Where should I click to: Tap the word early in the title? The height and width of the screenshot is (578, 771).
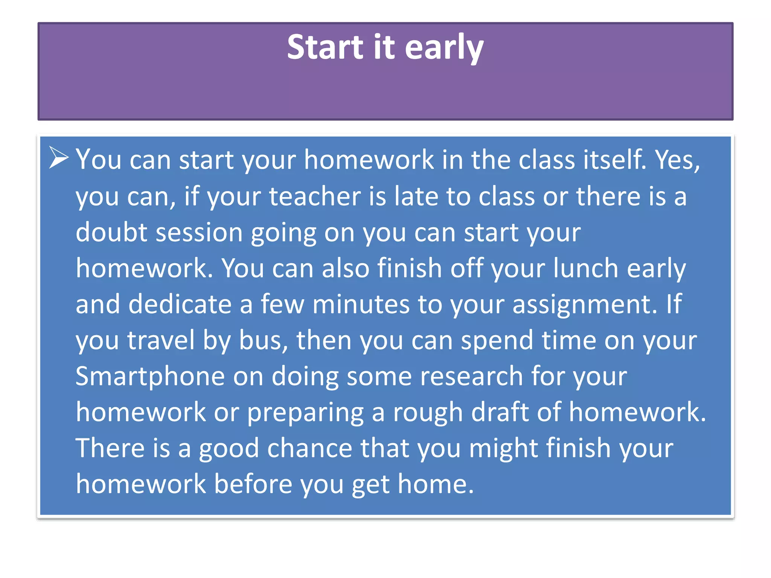[x=444, y=48]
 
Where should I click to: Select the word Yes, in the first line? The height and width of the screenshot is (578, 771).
[x=678, y=160]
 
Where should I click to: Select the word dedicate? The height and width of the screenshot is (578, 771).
[x=180, y=304]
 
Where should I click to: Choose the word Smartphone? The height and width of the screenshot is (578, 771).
[x=150, y=376]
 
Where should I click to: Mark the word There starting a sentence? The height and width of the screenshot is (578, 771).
[x=110, y=448]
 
